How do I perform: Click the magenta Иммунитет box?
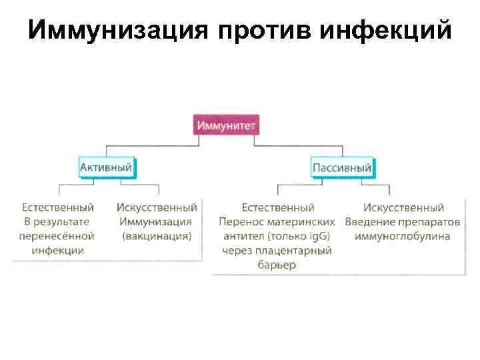coord(226,125)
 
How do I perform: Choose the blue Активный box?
coord(106,167)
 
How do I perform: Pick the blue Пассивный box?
coord(342,167)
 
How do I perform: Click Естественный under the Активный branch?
coord(57,208)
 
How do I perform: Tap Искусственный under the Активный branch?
coord(157,208)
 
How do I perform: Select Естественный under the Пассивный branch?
coord(278,208)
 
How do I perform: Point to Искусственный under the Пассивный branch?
coord(403,208)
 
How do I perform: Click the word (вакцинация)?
coord(157,236)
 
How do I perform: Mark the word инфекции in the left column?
coord(57,251)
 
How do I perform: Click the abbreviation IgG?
coord(315,236)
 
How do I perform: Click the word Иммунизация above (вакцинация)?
coord(156,222)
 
